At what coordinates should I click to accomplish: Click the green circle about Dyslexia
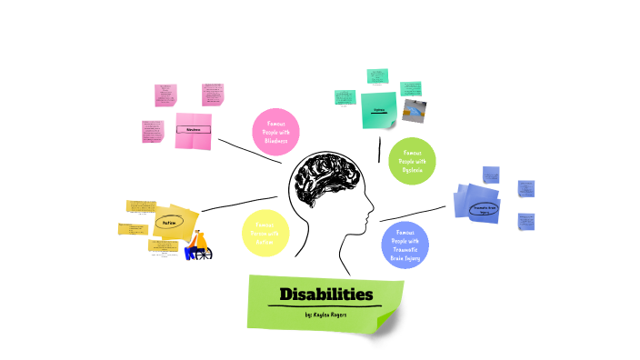pyautogui.click(x=412, y=161)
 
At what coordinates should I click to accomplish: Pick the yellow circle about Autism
pyautogui.click(x=265, y=233)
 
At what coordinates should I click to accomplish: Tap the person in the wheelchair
pyautogui.click(x=198, y=242)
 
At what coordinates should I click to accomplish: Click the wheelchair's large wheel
pyautogui.click(x=204, y=254)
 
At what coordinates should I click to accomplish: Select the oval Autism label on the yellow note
pyautogui.click(x=169, y=221)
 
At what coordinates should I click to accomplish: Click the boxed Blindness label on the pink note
pyautogui.click(x=193, y=130)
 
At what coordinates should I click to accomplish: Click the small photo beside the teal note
pyautogui.click(x=415, y=109)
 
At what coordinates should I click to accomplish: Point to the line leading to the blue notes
pyautogui.click(x=414, y=215)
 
